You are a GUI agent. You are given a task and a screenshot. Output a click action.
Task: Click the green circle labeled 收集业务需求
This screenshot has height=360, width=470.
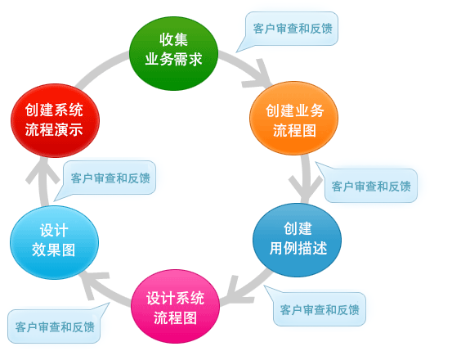[173, 52]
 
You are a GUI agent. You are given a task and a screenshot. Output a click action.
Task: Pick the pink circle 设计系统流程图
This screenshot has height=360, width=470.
[175, 306]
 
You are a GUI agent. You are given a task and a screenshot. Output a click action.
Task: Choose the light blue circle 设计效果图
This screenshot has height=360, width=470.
[54, 242]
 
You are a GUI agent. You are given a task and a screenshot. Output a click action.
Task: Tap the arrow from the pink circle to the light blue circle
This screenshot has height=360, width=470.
[102, 282]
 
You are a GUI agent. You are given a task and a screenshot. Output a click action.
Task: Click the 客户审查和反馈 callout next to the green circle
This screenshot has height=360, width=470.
[291, 29]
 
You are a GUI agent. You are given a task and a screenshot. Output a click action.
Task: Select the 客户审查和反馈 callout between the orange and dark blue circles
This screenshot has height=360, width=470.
[369, 186]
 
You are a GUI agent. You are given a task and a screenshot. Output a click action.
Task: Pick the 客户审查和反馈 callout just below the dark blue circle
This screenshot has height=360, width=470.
[319, 309]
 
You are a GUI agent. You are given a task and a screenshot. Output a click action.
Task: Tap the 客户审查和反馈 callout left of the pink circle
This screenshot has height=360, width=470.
[55, 326]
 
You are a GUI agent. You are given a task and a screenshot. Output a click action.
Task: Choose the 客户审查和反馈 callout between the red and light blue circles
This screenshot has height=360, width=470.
[110, 178]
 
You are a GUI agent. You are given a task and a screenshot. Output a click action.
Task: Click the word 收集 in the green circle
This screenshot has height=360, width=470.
[173, 40]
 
